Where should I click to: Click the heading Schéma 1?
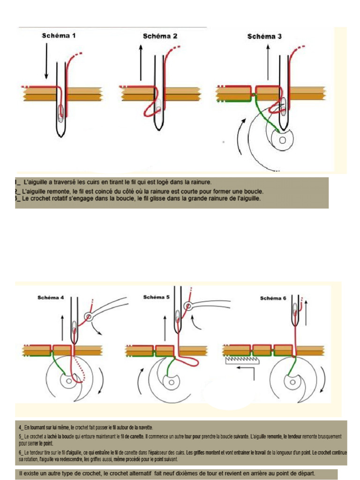pos(59,36)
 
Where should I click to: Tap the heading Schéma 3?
pos(264,36)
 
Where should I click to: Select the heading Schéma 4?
pos(51,297)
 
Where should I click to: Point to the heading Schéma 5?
pos(156,297)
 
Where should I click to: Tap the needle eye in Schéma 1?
pos(60,113)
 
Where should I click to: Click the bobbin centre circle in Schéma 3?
pos(282,140)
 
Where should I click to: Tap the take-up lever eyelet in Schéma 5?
pos(188,307)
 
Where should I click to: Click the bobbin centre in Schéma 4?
pos(69,381)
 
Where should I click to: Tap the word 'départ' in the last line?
pos(303,473)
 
